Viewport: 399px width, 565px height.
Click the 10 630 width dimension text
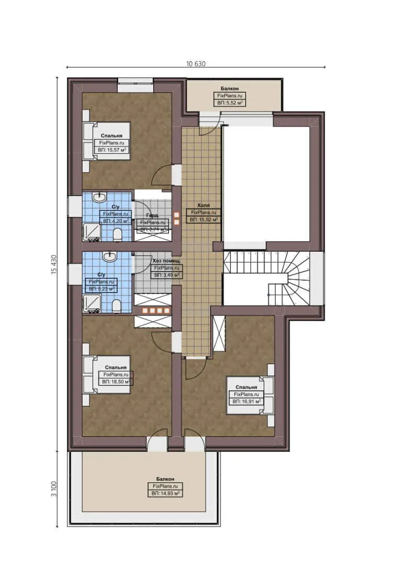[x=196, y=64]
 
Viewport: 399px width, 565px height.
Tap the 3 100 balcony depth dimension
[x=53, y=489]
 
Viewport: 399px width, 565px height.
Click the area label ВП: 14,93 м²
[x=165, y=493]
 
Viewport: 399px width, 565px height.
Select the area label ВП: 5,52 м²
[x=230, y=103]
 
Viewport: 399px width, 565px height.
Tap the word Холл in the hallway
[x=203, y=206]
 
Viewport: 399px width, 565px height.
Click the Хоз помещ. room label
[x=166, y=261]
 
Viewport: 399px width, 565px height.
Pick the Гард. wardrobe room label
[x=152, y=216]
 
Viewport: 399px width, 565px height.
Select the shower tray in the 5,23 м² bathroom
[x=92, y=303]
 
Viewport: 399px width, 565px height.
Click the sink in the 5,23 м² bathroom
[x=109, y=257]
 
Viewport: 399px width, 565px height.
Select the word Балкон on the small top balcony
[x=230, y=89]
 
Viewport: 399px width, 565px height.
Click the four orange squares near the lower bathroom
[x=153, y=310]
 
